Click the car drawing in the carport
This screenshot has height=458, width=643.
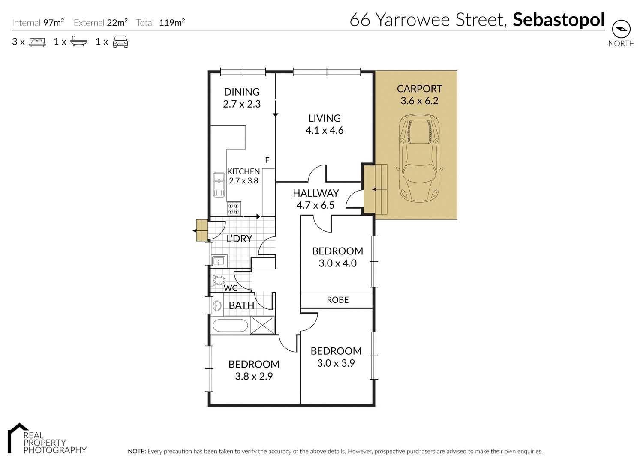(419, 158)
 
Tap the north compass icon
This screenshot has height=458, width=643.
(621, 29)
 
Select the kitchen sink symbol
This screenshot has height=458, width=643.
(219, 184)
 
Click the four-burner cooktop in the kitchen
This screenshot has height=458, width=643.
(234, 208)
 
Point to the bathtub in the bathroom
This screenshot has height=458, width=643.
(231, 326)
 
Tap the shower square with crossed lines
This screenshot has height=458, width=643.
(262, 325)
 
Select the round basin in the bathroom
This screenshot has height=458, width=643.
(217, 305)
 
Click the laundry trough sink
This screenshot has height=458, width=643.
(219, 260)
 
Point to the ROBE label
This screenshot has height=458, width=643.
(337, 300)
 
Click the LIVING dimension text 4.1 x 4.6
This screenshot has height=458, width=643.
(325, 130)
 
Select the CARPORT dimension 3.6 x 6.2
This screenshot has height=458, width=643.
(419, 101)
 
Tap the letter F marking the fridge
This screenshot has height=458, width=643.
(267, 160)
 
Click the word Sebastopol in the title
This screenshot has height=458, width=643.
(559, 20)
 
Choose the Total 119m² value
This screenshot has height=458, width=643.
(171, 23)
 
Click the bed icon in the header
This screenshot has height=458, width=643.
(37, 42)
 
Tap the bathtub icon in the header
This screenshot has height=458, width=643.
(79, 42)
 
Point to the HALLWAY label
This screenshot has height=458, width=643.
(316, 193)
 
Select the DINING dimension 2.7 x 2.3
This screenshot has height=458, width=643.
(242, 104)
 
